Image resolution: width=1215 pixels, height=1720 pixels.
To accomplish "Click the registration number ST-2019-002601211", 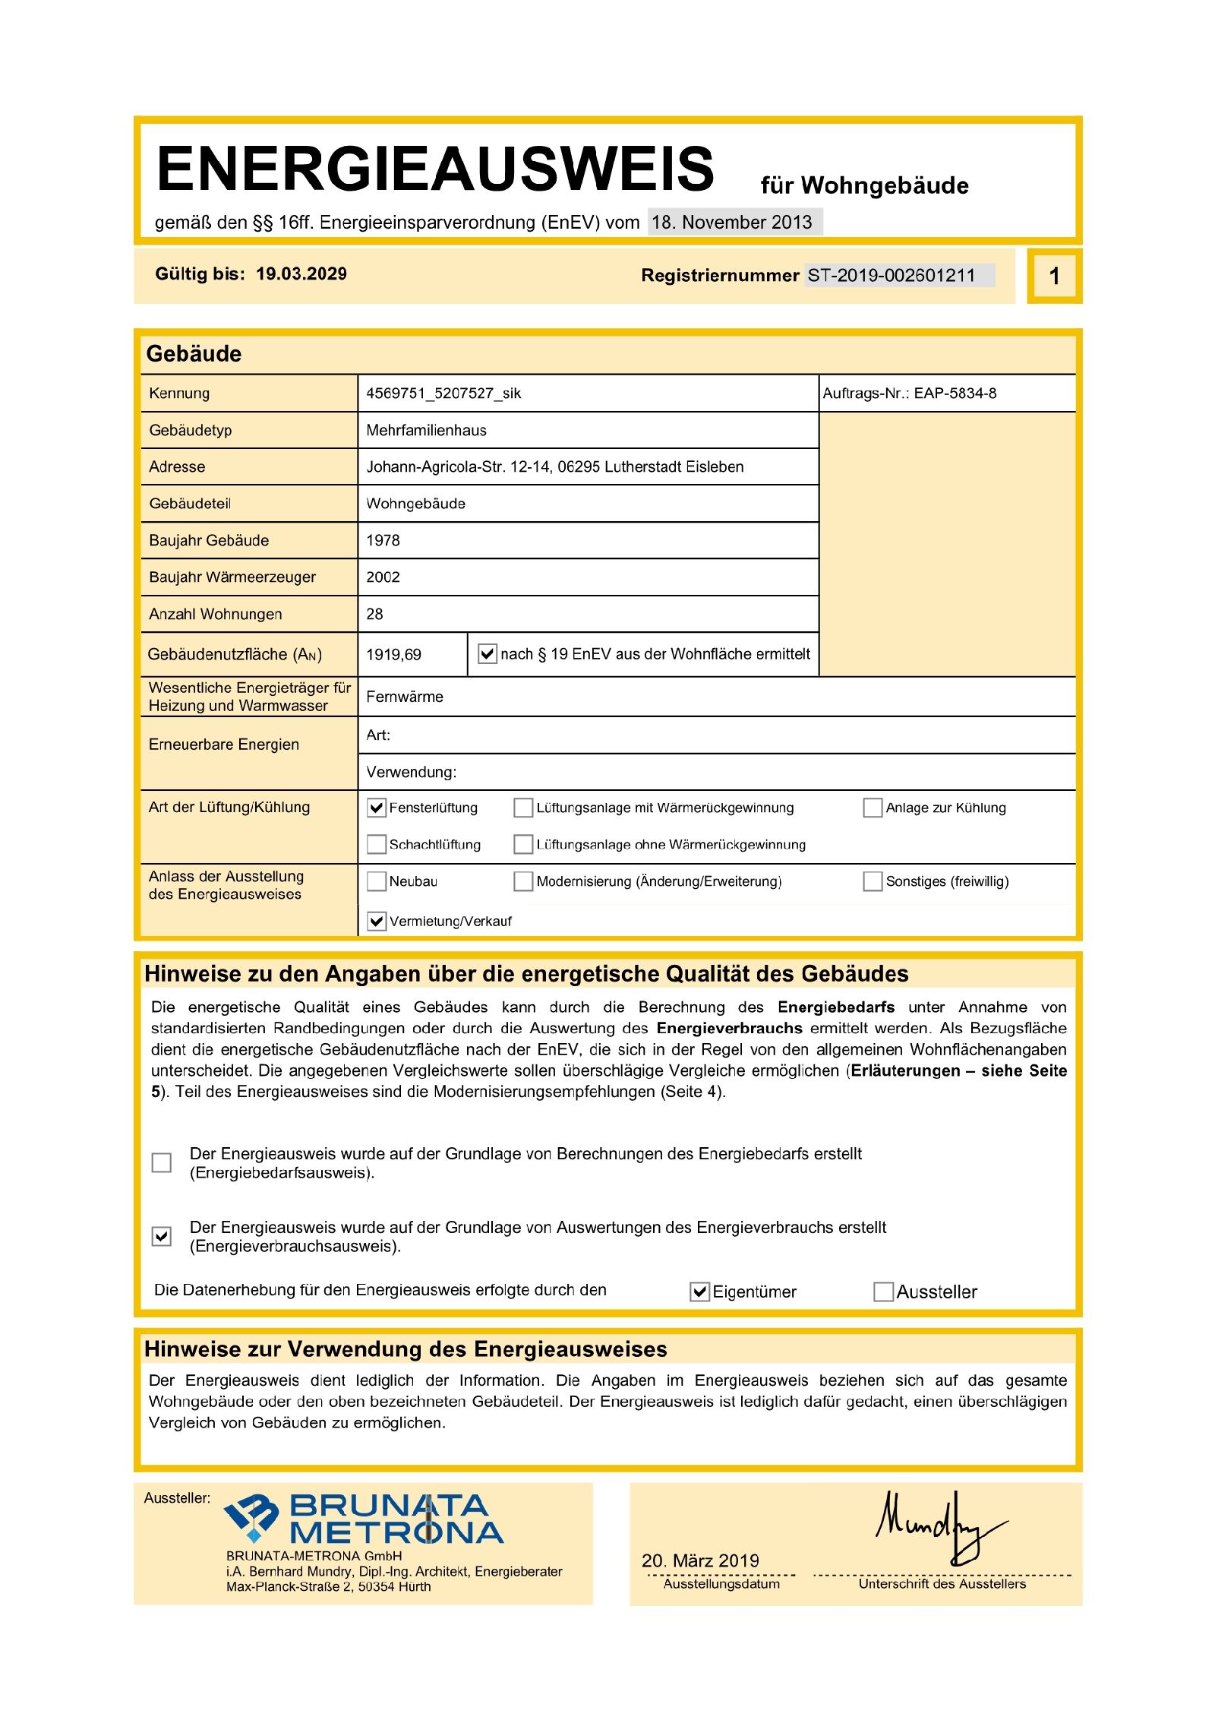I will [891, 275].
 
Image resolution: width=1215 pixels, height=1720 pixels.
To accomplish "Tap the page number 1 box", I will [1053, 276].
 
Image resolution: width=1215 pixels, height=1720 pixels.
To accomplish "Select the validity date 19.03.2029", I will [301, 273].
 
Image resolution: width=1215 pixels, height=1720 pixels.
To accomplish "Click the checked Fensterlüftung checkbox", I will [377, 807].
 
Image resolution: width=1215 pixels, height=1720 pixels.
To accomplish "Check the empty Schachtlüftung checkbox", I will [377, 844].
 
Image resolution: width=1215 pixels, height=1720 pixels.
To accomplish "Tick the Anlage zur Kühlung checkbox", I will [873, 807].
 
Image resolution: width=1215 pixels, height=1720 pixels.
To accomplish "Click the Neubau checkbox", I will [377, 881].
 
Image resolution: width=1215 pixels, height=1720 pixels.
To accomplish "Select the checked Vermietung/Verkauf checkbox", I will [377, 921].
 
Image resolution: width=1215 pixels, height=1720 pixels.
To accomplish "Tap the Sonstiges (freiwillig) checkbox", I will [873, 881].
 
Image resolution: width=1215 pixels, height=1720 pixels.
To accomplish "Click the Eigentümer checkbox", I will [699, 1292].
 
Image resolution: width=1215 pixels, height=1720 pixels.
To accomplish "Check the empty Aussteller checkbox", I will [883, 1292].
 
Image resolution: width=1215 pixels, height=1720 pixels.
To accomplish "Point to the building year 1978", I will [383, 540].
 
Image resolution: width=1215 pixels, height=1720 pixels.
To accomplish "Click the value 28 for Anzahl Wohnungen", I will [374, 614].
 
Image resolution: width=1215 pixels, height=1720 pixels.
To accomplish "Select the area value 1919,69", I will [393, 654].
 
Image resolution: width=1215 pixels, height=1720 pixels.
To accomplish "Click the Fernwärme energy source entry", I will [405, 697].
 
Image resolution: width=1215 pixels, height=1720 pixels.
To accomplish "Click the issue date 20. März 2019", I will [700, 1560].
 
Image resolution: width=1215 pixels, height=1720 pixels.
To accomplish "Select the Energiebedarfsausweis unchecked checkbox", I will [162, 1162].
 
